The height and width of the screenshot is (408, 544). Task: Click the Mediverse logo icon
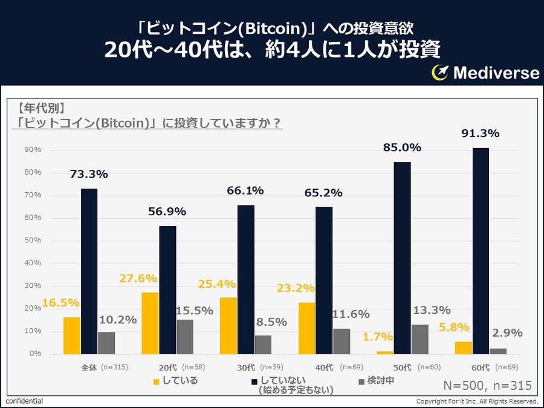(x=440, y=73)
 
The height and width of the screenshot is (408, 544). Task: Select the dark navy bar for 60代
(x=481, y=251)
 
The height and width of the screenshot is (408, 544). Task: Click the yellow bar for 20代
(x=150, y=323)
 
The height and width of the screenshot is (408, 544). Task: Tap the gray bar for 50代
(x=419, y=339)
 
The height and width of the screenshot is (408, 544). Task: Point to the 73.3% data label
(x=89, y=174)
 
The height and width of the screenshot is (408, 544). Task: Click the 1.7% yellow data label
(x=378, y=337)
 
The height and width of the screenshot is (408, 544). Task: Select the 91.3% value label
(x=481, y=134)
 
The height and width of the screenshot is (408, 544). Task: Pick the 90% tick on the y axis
(x=33, y=149)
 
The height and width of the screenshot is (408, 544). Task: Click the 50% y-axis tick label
(x=33, y=240)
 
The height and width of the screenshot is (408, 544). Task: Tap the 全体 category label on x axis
(x=89, y=368)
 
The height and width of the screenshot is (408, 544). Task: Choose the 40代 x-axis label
(x=324, y=368)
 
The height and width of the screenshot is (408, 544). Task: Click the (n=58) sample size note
(x=194, y=368)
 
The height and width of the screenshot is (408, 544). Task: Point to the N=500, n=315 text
(x=487, y=385)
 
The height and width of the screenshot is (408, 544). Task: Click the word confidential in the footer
(x=24, y=401)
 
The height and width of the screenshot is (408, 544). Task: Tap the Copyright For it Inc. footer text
(x=477, y=401)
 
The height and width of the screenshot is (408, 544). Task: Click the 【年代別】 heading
(x=41, y=109)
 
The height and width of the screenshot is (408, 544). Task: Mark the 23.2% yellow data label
(x=297, y=289)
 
